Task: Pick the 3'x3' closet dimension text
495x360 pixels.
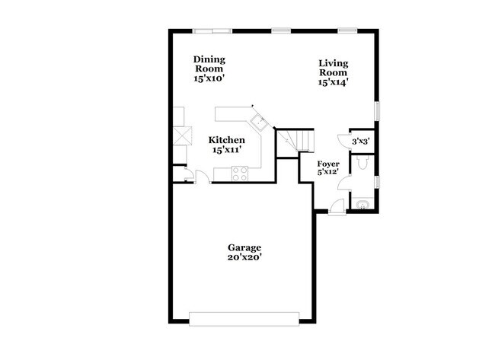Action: point(360,141)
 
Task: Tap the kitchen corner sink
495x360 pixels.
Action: point(257,120)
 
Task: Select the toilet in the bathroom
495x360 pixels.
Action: point(362,164)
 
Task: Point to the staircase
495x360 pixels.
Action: point(295,139)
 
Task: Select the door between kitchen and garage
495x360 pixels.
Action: point(202,177)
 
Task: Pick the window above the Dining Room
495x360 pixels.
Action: point(212,30)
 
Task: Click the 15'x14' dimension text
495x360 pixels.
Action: point(334,82)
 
